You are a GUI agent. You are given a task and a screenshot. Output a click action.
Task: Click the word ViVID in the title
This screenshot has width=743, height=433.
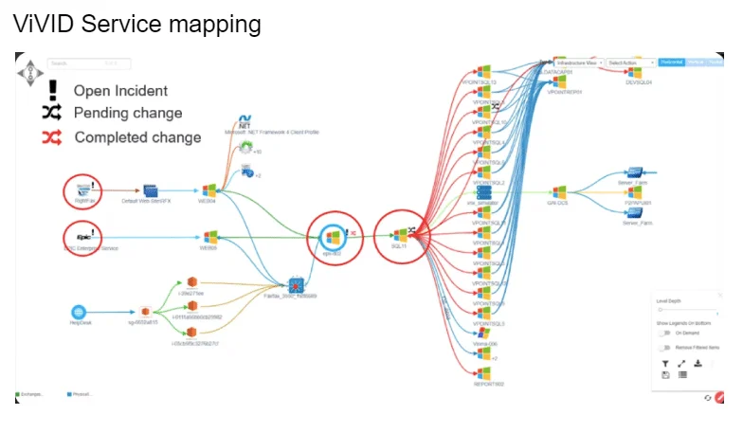click(x=42, y=23)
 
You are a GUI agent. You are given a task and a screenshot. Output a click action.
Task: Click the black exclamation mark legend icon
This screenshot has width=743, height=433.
click(x=52, y=90)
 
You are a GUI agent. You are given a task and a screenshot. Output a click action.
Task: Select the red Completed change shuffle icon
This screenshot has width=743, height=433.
click(x=51, y=137)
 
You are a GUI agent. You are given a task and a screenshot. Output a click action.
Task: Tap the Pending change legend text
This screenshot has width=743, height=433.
click(x=127, y=113)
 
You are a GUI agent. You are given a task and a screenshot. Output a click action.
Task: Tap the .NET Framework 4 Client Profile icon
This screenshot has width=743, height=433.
click(x=244, y=124)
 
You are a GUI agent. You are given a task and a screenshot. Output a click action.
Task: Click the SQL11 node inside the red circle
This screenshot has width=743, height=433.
click(x=400, y=233)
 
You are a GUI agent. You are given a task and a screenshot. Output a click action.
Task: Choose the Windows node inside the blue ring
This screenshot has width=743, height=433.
click(x=332, y=236)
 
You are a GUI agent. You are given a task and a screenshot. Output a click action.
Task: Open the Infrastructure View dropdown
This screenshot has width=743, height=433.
click(x=578, y=63)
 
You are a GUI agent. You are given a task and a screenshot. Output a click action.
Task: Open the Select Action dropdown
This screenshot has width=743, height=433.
click(x=631, y=63)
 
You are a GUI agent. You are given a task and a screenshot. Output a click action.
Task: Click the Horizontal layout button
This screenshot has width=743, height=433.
click(x=671, y=63)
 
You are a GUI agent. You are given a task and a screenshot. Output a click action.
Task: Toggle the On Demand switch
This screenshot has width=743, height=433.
click(x=664, y=333)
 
